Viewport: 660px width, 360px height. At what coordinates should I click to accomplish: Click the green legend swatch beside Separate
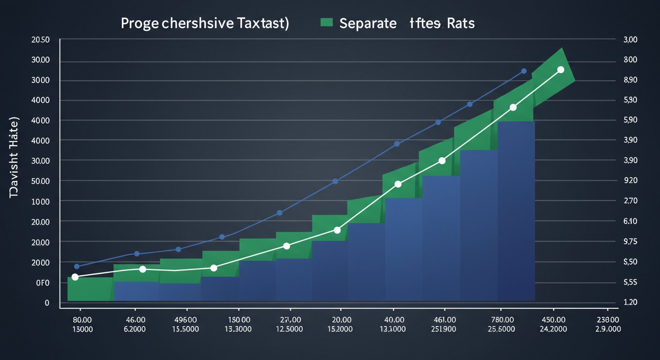pyautogui.click(x=326, y=22)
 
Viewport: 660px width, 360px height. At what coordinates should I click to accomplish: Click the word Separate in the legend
pyautogui.click(x=367, y=23)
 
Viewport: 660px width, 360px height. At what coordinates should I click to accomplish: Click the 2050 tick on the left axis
pyautogui.click(x=40, y=40)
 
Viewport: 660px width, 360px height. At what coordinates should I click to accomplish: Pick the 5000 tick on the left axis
pyautogui.click(x=40, y=181)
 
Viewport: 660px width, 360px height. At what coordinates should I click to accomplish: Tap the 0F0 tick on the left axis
pyautogui.click(x=43, y=283)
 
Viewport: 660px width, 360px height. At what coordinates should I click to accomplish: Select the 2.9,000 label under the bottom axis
pyautogui.click(x=607, y=329)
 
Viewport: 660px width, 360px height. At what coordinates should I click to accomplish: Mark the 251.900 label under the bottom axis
pyautogui.click(x=443, y=329)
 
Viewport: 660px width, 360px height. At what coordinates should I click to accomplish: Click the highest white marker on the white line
pyautogui.click(x=560, y=70)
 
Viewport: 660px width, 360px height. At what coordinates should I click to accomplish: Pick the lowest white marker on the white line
pyautogui.click(x=75, y=277)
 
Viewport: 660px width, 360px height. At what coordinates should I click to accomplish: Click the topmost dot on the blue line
pyautogui.click(x=524, y=71)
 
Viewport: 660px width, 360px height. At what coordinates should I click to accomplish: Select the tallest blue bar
pyautogui.click(x=516, y=211)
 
